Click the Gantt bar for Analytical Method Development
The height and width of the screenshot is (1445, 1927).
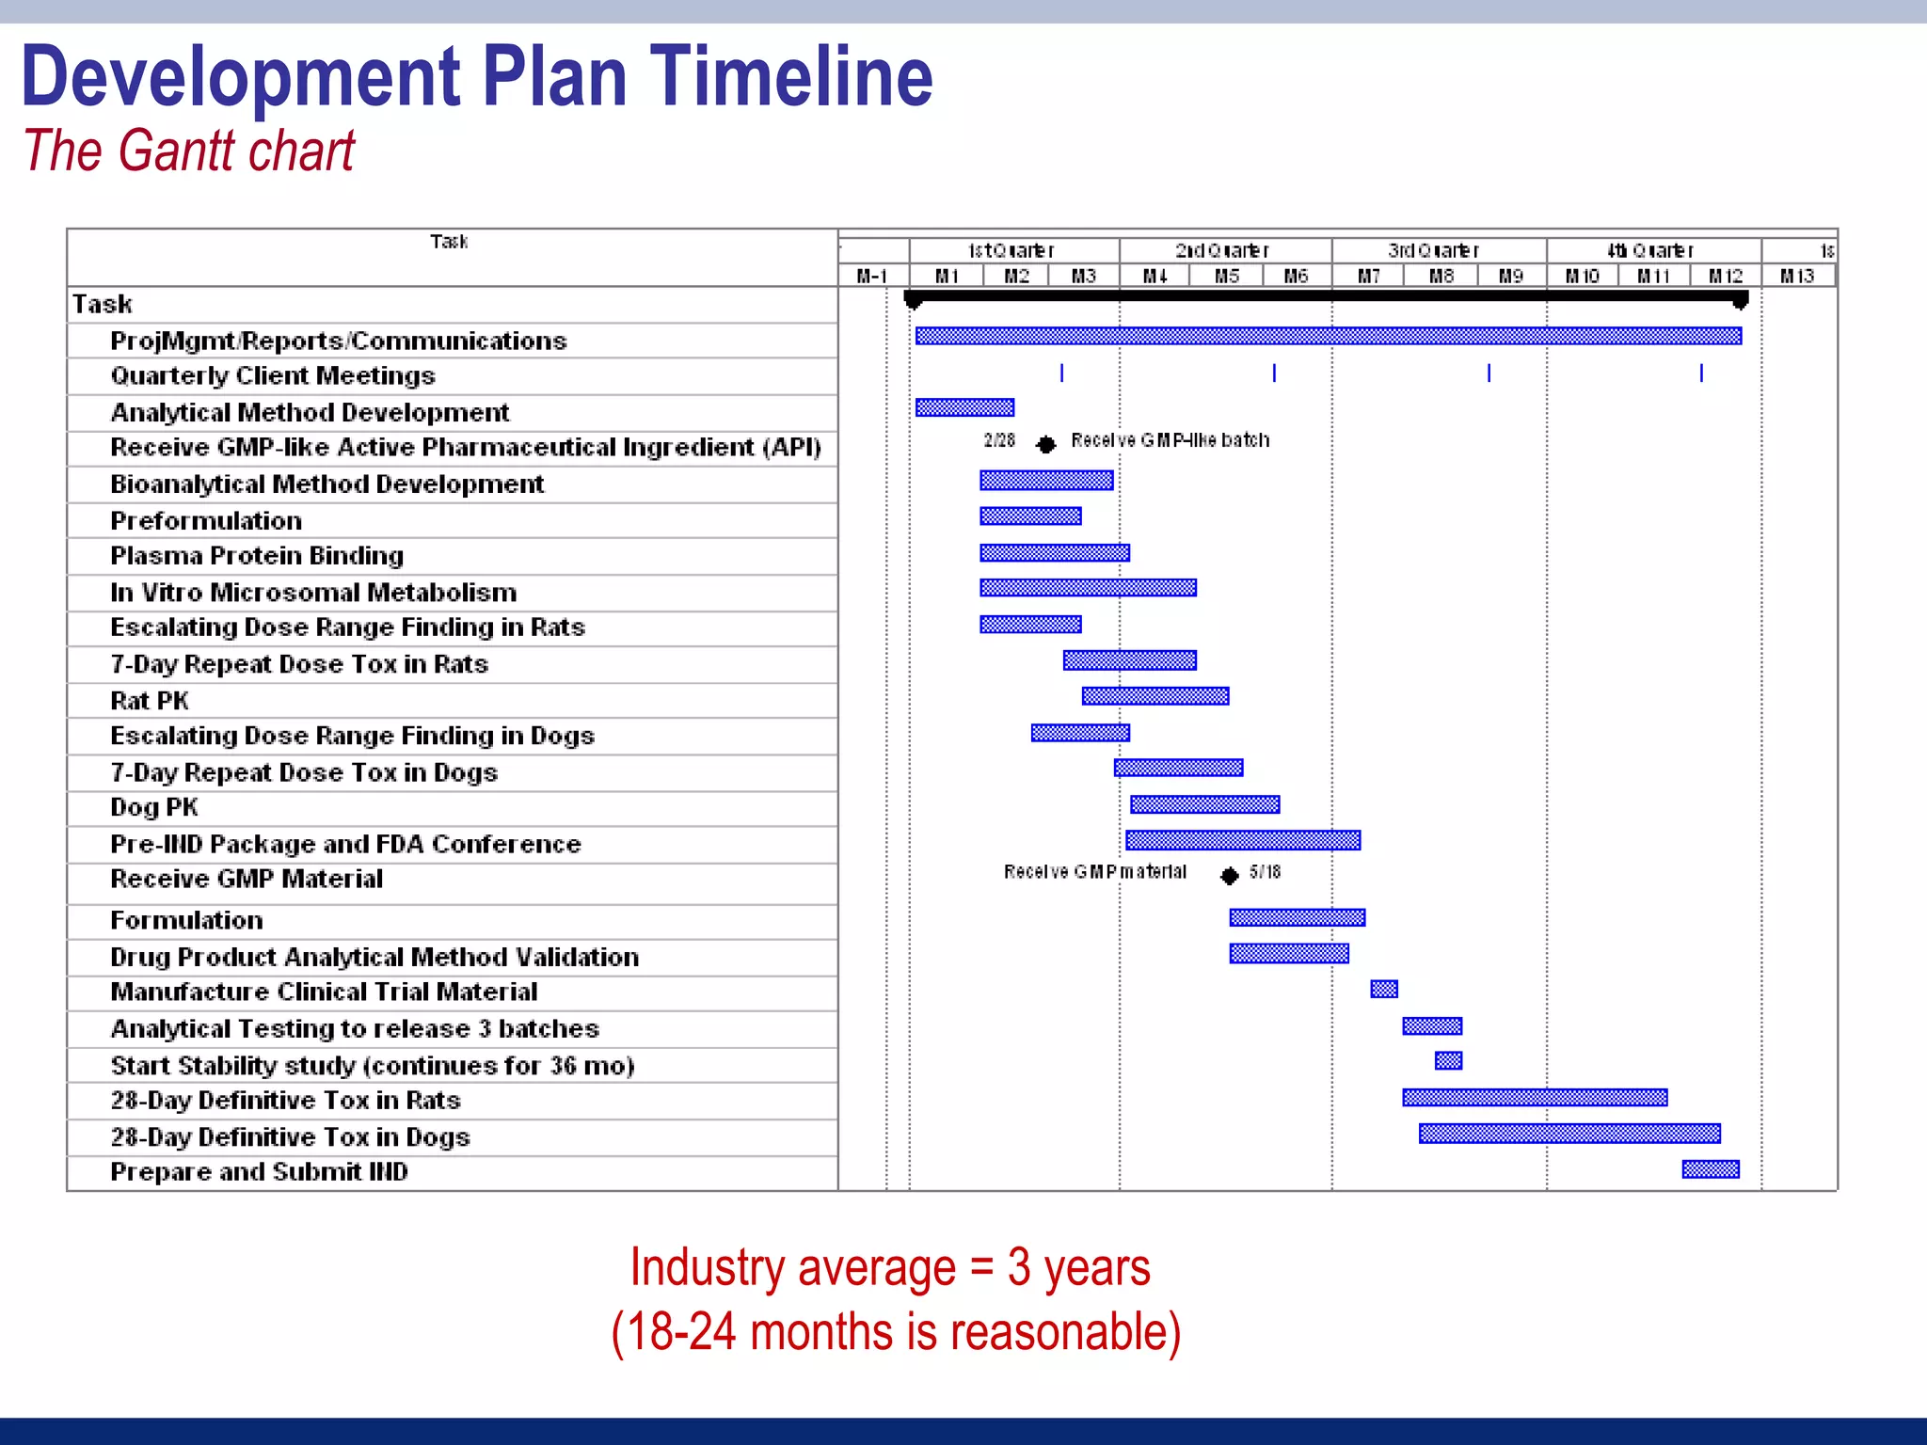tap(964, 407)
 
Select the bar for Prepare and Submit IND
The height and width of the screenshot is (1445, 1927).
tap(1711, 1169)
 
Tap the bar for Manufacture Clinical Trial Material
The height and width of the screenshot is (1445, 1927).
tap(1384, 989)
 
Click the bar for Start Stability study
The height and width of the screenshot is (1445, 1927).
tap(1448, 1061)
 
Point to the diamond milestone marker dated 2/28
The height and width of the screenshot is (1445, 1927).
tap(1045, 444)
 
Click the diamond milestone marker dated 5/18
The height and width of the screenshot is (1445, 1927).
tap(1229, 876)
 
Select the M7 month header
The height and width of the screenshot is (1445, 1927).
tap(1369, 277)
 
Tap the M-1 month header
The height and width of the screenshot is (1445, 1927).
tap(872, 277)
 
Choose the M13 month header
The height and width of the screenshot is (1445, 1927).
tap(1797, 277)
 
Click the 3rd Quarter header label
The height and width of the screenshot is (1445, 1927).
tap(1434, 251)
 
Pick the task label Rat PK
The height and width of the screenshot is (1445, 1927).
tap(150, 701)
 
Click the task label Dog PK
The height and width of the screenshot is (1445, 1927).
tap(154, 807)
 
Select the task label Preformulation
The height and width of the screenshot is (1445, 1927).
tap(206, 521)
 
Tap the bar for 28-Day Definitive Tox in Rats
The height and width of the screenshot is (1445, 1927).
tap(1535, 1097)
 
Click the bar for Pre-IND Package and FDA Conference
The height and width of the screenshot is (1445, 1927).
tap(1243, 840)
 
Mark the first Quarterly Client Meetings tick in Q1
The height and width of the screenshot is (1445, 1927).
tap(1062, 373)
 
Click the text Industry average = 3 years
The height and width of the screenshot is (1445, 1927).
tap(890, 1267)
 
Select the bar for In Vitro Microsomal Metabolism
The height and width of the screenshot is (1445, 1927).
tap(1088, 588)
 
